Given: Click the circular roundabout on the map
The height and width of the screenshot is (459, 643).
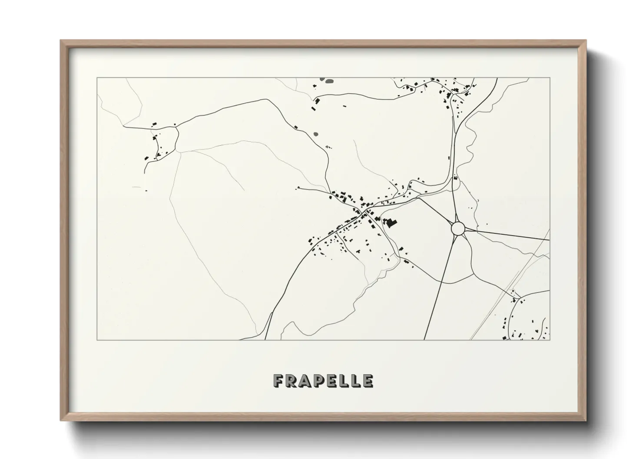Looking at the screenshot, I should pos(458,228).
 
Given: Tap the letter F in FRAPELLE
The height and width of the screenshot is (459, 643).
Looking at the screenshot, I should pos(279,381).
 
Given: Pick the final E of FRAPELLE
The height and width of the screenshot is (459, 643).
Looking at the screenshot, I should pos(368,381).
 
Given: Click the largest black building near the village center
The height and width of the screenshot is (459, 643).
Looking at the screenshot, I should pos(392,223).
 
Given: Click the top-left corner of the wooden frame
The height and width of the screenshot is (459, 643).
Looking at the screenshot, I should pos(61,41).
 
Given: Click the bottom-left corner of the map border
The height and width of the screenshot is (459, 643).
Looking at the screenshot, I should pos(97,340).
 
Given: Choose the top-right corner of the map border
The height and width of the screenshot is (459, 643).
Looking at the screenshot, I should pos(550,78).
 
